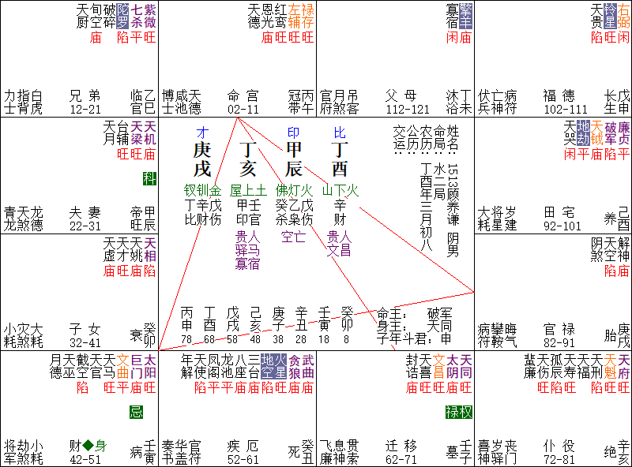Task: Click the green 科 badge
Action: pyautogui.click(x=149, y=178)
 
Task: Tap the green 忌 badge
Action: pyautogui.click(x=137, y=412)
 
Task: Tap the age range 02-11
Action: pyautogui.click(x=243, y=108)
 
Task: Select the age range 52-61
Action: pyautogui.click(x=243, y=459)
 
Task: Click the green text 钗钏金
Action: pyautogui.click(x=202, y=190)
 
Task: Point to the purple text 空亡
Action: pyautogui.click(x=293, y=235)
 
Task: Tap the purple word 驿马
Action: pyautogui.click(x=248, y=249)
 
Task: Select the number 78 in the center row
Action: pyautogui.click(x=186, y=339)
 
